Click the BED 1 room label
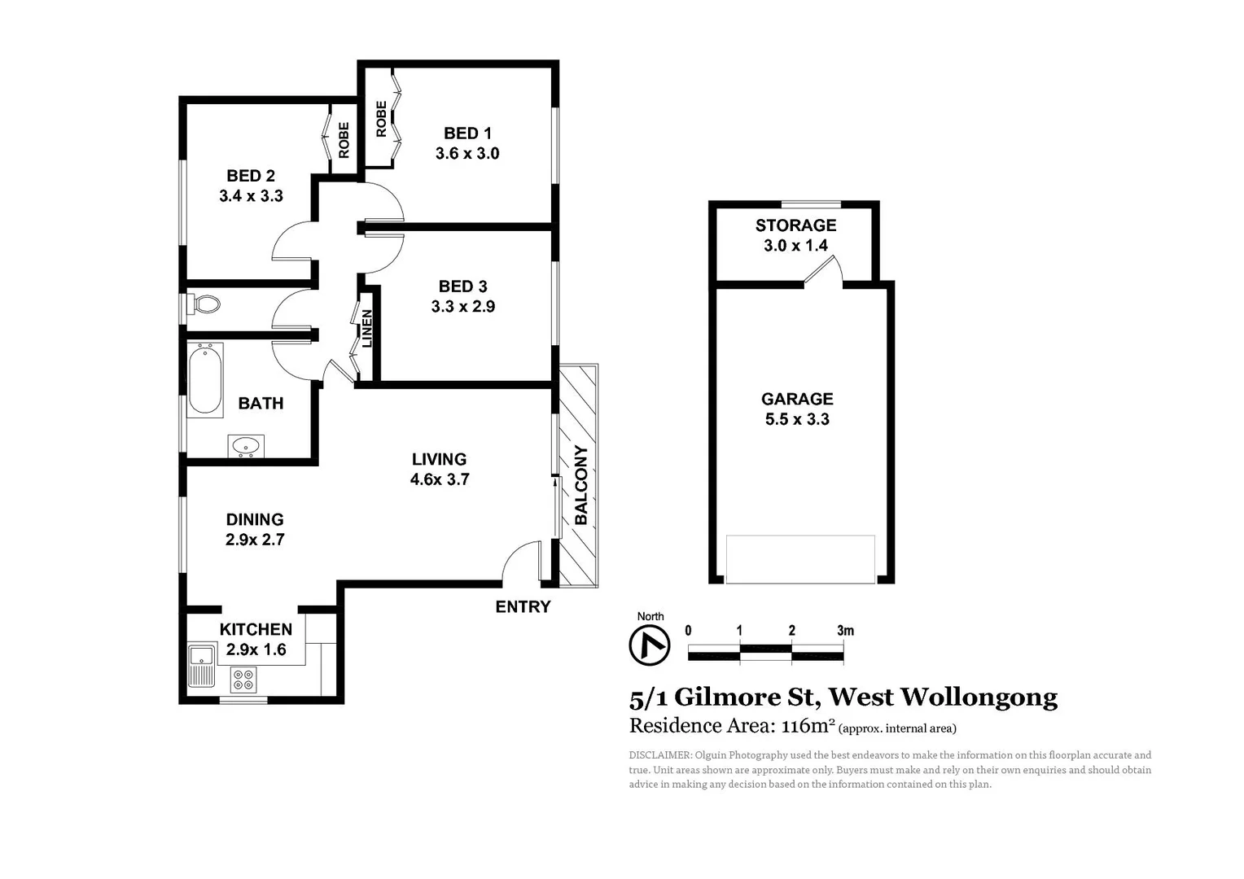[x=467, y=133]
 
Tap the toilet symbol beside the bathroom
[x=204, y=304]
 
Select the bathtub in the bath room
[x=205, y=379]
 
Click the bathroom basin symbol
[x=245, y=446]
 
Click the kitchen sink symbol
[x=201, y=665]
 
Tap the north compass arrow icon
[x=650, y=645]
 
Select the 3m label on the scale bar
[x=845, y=631]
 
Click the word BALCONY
[x=581, y=485]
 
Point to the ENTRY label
[x=523, y=607]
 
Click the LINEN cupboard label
[x=367, y=329]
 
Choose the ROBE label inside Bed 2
[x=344, y=140]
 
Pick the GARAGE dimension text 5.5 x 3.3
[x=797, y=420]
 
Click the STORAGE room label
[x=795, y=225]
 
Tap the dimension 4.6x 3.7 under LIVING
[x=440, y=480]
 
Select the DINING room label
[x=255, y=519]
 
